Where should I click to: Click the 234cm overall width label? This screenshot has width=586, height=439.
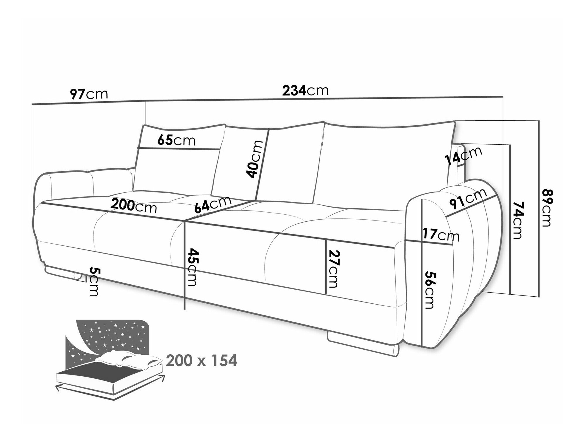[x=305, y=90]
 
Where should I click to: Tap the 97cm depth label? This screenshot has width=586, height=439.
[x=89, y=94]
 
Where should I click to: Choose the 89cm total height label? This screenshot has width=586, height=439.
[x=547, y=208]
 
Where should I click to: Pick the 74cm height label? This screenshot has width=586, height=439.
[x=518, y=220]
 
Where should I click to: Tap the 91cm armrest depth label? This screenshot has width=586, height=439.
[x=468, y=199]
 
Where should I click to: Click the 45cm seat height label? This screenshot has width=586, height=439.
[x=192, y=267]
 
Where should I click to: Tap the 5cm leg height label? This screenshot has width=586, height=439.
[x=93, y=281]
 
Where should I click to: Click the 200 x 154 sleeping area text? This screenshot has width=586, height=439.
[x=201, y=361]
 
